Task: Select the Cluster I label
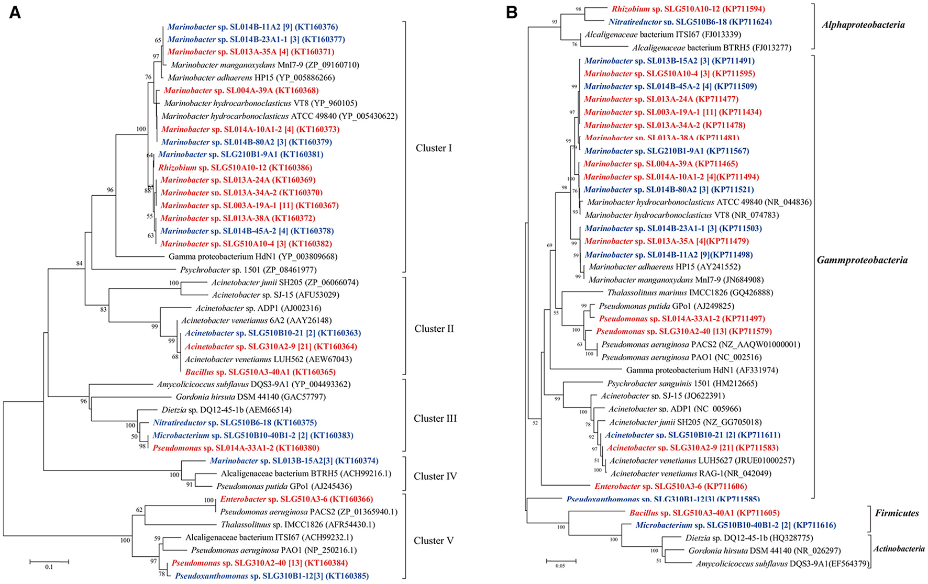434,148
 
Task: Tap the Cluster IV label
435,476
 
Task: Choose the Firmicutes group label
897,513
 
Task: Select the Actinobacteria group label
899,548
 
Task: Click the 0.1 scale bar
49,563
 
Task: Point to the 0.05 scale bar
561,561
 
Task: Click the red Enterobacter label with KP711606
670,486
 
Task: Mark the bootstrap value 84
80,263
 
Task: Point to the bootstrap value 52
535,423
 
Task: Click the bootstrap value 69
549,245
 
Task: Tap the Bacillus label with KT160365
260,372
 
